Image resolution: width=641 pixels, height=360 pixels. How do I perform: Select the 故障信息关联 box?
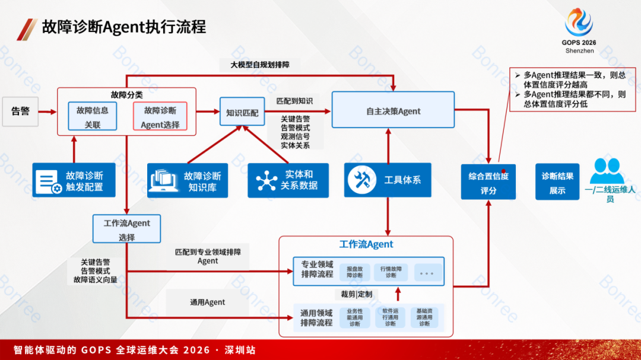tap(93, 117)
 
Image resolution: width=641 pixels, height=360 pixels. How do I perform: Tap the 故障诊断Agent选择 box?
tap(160, 117)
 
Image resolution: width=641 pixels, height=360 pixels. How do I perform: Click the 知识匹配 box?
tap(242, 112)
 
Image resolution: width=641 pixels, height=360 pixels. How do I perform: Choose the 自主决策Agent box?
tap(393, 110)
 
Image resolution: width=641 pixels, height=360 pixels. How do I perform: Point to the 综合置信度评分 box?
tap(488, 183)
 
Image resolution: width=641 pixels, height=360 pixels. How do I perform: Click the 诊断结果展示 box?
tap(557, 183)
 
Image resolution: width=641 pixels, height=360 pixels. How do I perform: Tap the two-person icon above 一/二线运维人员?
tap(607, 171)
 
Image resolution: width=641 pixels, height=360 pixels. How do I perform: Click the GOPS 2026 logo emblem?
tap(579, 23)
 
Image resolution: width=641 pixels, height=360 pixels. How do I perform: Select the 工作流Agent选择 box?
tap(127, 229)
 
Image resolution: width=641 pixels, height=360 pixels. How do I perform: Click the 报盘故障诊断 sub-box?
tap(355, 271)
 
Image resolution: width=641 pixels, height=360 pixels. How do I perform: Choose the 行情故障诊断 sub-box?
tap(391, 271)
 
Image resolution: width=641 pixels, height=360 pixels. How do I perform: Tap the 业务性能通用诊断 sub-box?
tap(355, 317)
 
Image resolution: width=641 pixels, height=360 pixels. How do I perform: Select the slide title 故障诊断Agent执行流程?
tap(124, 27)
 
